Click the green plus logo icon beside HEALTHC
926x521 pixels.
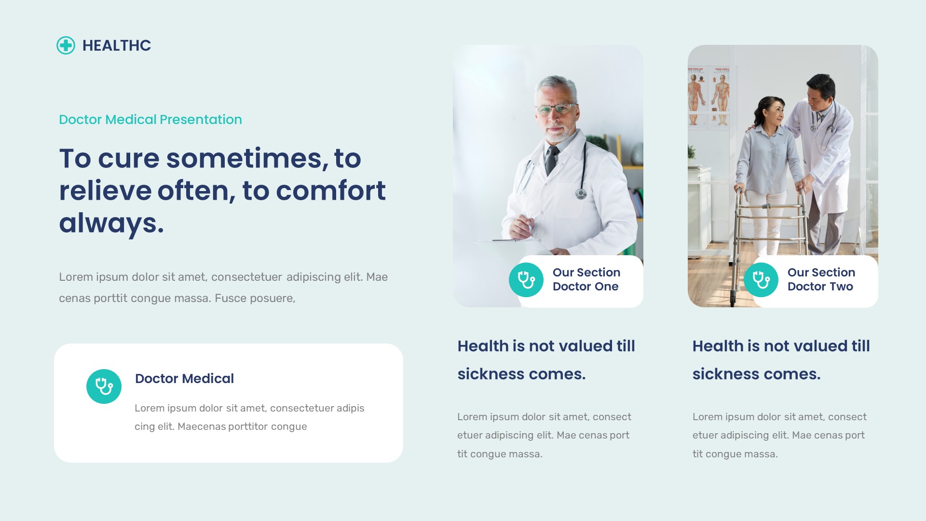[x=66, y=45]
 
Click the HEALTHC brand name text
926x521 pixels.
[x=116, y=45]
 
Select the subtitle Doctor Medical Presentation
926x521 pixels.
[x=150, y=119]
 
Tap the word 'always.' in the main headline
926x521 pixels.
[x=111, y=223]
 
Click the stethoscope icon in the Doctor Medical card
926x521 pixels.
[x=104, y=386]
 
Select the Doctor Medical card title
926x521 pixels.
[x=184, y=378]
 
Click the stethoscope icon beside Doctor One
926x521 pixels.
[x=526, y=280]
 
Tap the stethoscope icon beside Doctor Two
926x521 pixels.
[x=761, y=280]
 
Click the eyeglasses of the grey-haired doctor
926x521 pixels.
[x=556, y=109]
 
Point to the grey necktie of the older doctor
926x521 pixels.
[x=551, y=160]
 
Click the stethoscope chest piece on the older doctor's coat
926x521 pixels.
[x=581, y=194]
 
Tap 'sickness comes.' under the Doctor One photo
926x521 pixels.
[x=521, y=374]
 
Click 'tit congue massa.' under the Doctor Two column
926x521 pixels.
[x=735, y=454]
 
